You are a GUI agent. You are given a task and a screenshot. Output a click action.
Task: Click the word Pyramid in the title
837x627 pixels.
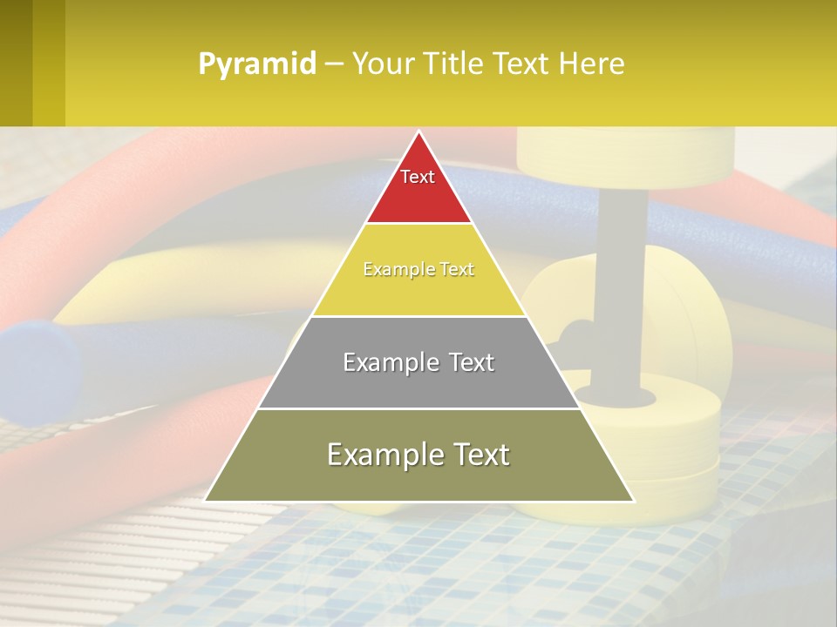point(256,64)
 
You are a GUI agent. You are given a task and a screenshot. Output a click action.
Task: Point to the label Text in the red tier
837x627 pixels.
point(418,177)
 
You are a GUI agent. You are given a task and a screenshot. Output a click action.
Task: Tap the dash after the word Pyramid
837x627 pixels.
point(333,64)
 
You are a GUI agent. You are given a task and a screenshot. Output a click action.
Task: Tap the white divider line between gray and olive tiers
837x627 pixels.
point(418,408)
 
